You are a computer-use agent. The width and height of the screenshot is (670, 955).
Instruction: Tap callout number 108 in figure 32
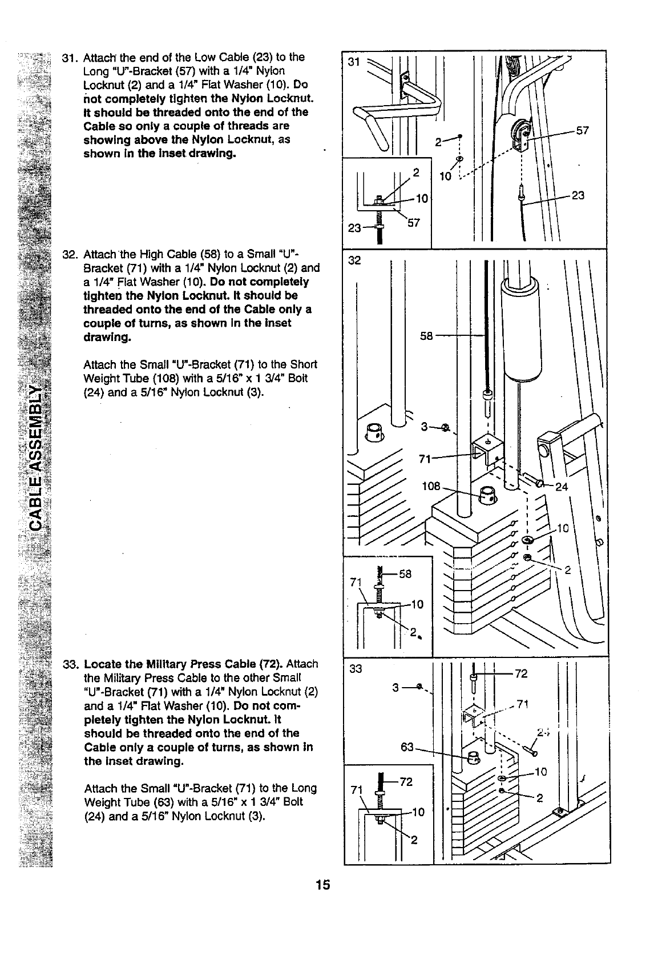click(x=431, y=486)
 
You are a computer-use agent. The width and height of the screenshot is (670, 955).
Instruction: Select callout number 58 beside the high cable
click(x=426, y=336)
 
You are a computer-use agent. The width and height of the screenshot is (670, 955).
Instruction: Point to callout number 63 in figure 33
click(x=407, y=746)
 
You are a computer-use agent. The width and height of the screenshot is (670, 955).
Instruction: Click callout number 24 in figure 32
click(x=562, y=487)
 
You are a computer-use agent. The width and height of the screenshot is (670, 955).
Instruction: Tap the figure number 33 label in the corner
click(x=356, y=669)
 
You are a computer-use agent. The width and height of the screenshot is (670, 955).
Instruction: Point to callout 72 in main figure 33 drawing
click(x=521, y=674)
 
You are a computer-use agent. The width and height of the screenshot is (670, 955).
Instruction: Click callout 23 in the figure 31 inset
click(x=354, y=228)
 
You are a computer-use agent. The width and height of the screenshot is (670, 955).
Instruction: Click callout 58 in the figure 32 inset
click(x=405, y=574)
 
